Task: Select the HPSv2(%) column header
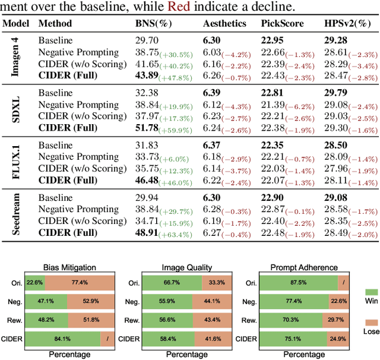click(347, 24)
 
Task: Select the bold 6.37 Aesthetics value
click(213, 145)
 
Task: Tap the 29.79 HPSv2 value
click(337, 93)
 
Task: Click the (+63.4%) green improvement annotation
click(176, 235)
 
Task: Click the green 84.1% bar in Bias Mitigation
click(62, 340)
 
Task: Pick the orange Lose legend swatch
click(371, 321)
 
